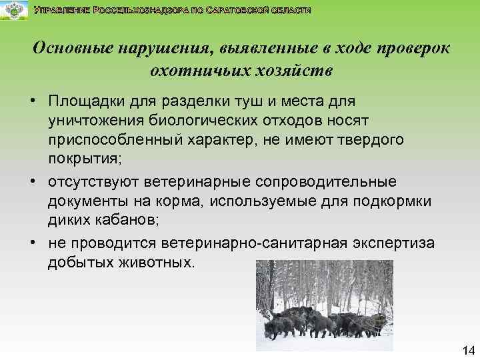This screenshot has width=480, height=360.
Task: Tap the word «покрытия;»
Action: [x=81, y=156]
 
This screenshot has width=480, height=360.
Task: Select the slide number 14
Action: [x=466, y=350]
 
